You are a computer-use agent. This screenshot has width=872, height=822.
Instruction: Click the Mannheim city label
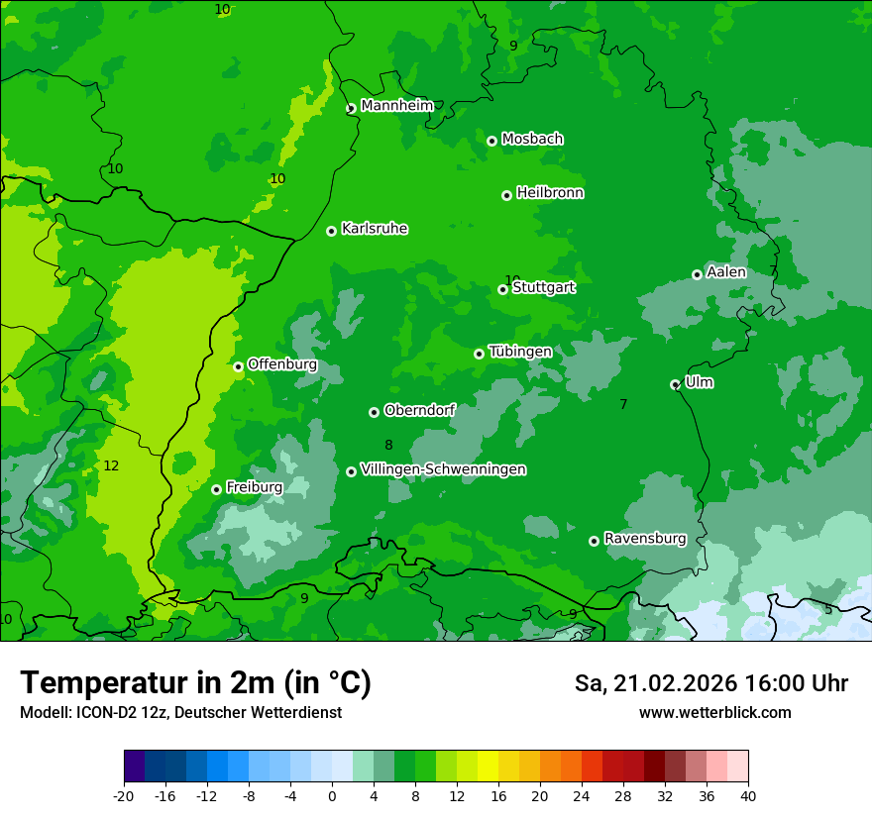coord(396,106)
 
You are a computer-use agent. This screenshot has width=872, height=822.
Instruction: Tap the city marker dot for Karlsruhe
coord(331,231)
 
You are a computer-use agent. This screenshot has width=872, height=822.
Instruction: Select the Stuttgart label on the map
coord(543,288)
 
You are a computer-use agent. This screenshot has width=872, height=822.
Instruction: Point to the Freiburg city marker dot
coord(216,489)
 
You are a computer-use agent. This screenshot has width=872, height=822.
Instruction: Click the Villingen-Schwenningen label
coord(443,469)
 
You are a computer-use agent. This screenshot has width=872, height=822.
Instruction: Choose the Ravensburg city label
coord(645,539)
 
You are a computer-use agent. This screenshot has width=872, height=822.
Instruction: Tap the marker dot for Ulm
coord(675,384)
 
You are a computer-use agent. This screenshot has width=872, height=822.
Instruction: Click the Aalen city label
coord(726,272)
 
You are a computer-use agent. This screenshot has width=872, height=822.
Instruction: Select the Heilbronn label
coord(550,193)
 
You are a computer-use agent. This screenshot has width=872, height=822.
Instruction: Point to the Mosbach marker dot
coord(491,141)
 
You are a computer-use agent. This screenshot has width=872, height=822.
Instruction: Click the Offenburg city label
coord(282,364)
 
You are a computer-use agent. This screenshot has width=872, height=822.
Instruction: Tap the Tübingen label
coord(520,352)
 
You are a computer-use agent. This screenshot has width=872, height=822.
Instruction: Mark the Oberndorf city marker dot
coord(374,412)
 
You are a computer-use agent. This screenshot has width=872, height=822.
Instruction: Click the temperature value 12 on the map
coord(111,465)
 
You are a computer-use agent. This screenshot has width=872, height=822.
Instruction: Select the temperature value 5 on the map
coord(828,609)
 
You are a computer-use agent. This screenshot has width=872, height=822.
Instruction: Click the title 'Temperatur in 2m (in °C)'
coord(195,683)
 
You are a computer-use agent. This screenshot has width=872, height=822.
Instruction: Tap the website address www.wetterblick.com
coord(714,713)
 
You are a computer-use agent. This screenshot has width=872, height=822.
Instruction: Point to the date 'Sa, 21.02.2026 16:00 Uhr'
coord(710,683)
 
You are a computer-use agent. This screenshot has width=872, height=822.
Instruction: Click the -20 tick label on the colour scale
coord(124,795)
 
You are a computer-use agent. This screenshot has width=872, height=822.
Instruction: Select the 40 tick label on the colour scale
coord(748,795)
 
